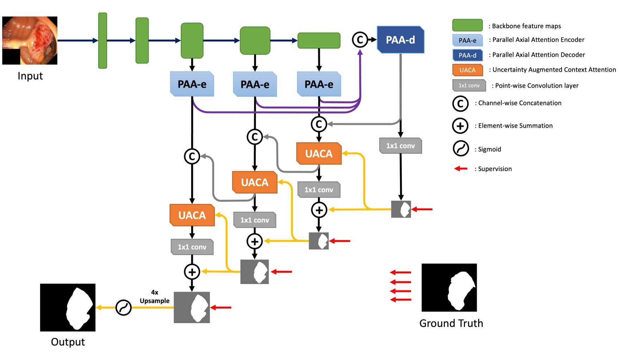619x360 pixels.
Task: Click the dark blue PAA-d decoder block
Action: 400,40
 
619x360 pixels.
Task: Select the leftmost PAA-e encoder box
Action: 192,84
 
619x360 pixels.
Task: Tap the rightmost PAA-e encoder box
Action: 319,84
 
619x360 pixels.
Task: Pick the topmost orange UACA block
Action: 319,153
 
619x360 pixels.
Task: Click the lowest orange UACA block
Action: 192,215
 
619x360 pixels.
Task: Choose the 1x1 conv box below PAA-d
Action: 400,146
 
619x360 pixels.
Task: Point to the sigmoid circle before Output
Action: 124,308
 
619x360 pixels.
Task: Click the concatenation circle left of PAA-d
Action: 360,40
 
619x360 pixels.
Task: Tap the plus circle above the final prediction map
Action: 192,272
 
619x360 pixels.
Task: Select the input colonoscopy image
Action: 30,40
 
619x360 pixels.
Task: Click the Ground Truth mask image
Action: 449,288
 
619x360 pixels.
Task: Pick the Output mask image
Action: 68,308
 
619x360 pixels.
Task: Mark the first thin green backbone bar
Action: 102,40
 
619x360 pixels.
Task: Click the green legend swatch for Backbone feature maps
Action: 467,25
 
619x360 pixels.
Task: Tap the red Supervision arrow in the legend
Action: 461,169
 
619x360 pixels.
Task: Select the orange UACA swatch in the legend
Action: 467,70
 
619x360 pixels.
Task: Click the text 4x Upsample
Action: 155,297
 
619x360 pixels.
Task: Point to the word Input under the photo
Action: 30,76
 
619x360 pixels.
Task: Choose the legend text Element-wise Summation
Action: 515,126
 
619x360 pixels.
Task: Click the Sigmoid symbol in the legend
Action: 461,149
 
